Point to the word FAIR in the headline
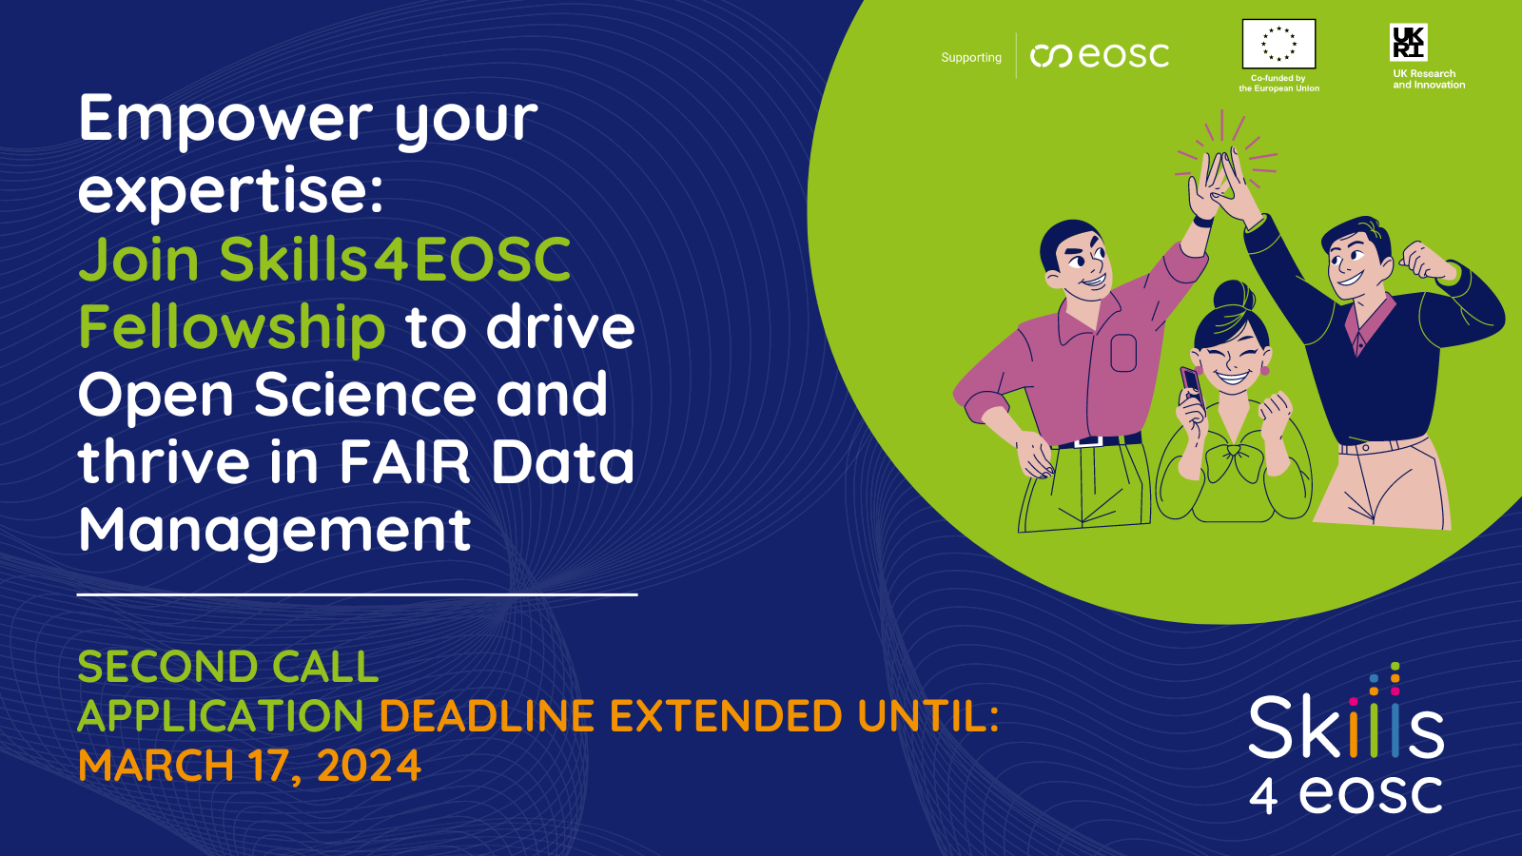coord(404,462)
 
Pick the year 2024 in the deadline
coord(369,766)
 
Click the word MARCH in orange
coord(156,765)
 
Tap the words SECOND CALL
coord(228,667)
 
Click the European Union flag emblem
coord(1278,44)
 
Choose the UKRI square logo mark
coord(1408,42)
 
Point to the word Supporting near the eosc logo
coord(971,58)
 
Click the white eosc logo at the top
coord(1100,56)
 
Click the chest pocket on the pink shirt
coord(1123,353)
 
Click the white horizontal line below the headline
coord(358,594)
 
